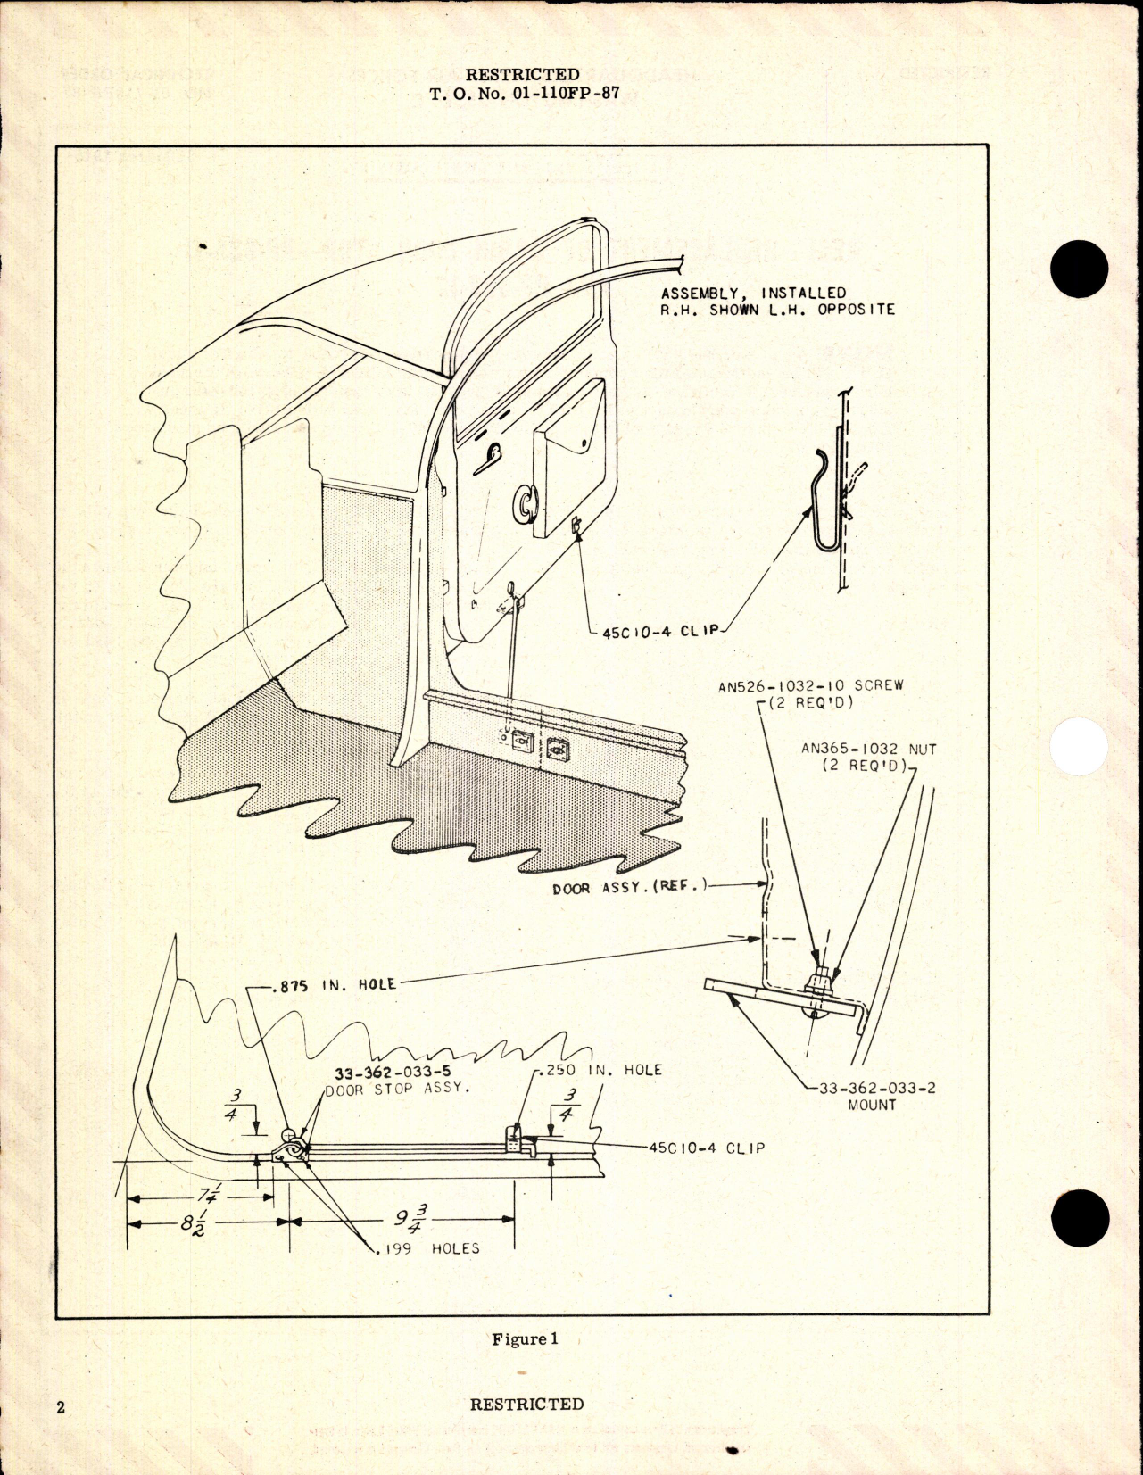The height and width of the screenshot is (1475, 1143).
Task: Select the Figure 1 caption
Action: point(525,1338)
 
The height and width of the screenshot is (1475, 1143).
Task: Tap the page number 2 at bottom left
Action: point(61,1408)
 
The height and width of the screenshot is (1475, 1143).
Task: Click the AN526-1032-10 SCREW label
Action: point(810,685)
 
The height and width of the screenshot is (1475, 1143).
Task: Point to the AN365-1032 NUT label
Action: point(868,750)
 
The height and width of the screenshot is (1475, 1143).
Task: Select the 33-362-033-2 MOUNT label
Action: point(871,1096)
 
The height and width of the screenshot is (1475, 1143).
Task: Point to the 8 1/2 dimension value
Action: point(192,1222)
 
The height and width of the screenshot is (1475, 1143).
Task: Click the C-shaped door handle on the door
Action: point(525,503)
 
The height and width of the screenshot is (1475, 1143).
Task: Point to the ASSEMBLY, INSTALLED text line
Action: point(753,293)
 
